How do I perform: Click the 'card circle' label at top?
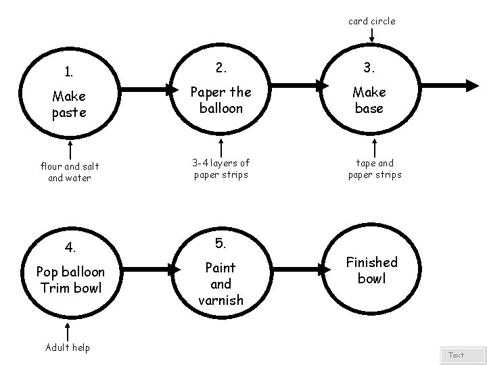click(371, 21)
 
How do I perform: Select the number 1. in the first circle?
click(69, 72)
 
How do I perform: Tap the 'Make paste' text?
click(69, 105)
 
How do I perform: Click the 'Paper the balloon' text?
click(221, 99)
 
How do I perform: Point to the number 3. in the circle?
click(369, 68)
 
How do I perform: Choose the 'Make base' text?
click(369, 100)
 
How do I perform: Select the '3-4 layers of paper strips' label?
click(221, 168)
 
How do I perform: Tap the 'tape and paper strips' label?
click(374, 168)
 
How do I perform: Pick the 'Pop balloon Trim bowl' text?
click(70, 279)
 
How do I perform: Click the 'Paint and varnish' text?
click(221, 284)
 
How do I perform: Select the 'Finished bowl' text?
click(371, 270)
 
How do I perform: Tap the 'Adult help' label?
click(68, 347)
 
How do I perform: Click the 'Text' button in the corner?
click(457, 355)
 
